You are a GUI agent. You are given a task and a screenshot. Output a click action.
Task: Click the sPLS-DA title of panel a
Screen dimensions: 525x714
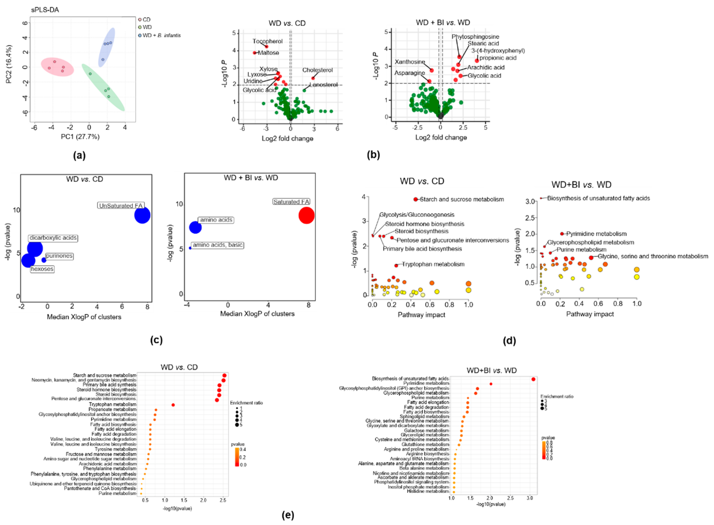click(x=45, y=10)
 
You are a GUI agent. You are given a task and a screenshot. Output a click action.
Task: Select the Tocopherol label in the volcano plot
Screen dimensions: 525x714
click(x=267, y=41)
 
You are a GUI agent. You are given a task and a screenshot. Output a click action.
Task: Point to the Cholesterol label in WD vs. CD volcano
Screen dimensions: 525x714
click(x=317, y=70)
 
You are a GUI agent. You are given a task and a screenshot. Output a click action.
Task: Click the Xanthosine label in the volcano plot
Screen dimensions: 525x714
click(x=410, y=62)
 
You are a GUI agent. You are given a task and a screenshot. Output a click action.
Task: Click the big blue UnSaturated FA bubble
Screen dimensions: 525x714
click(x=142, y=215)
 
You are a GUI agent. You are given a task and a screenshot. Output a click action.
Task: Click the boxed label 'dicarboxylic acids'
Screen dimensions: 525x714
click(x=53, y=238)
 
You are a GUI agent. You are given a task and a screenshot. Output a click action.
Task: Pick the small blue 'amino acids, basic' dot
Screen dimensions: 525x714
click(x=190, y=248)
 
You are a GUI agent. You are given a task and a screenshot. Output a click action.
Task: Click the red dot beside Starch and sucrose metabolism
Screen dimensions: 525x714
click(x=415, y=199)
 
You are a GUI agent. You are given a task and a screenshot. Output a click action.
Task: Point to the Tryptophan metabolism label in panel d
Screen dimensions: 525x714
click(x=433, y=264)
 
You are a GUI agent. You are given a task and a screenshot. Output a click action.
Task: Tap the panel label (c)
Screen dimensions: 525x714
click(x=156, y=340)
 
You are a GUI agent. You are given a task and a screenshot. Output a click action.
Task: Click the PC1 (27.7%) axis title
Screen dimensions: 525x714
click(x=80, y=137)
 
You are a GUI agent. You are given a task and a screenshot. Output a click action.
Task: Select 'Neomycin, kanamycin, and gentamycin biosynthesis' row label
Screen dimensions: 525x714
click(x=84, y=380)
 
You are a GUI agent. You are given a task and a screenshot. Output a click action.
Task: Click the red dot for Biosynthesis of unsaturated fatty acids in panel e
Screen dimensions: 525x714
click(x=533, y=379)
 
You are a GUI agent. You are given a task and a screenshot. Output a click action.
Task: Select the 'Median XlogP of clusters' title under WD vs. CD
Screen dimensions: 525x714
click(x=84, y=317)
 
